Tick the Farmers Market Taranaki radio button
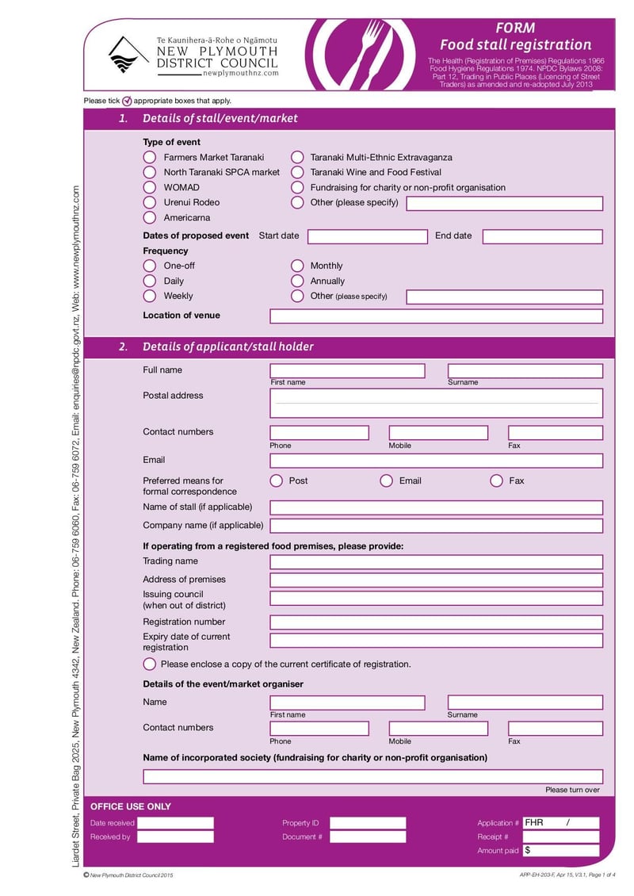[x=150, y=158]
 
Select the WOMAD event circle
[x=150, y=188]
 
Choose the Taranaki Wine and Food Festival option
[x=297, y=172]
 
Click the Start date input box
[x=367, y=236]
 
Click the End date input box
[x=542, y=236]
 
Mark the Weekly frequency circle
[x=150, y=296]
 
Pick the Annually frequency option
[x=297, y=281]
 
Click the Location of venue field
[x=436, y=316]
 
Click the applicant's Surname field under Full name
[x=525, y=371]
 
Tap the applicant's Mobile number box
[x=438, y=433]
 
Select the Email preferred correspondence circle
[x=387, y=481]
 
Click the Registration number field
[x=436, y=622]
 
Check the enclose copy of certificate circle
[x=150, y=664]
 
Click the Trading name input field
[x=436, y=562]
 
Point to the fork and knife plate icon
[x=360, y=55]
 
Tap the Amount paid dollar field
[x=560, y=851]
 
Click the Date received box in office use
[x=175, y=823]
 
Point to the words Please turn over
[x=572, y=790]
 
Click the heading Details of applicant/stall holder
[x=227, y=347]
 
